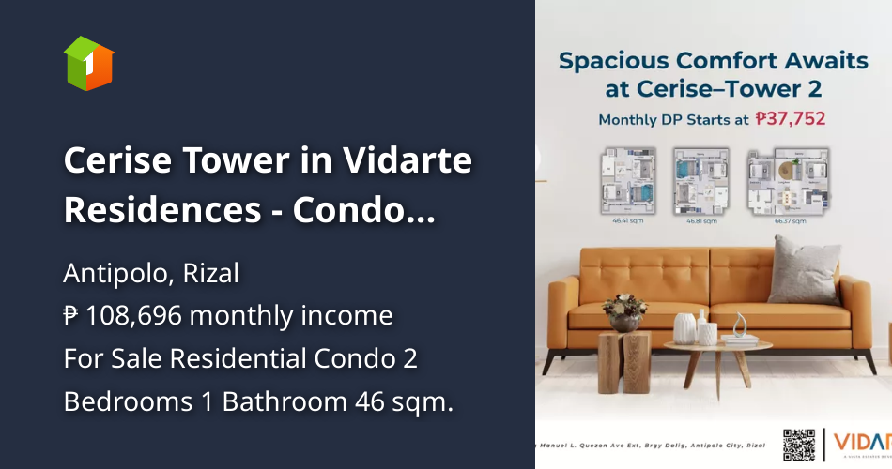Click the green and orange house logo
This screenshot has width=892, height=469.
tap(89, 63)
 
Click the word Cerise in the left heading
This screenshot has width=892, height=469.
tap(118, 161)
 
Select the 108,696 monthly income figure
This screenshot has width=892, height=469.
tap(141, 316)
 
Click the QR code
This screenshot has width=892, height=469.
tap(799, 443)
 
